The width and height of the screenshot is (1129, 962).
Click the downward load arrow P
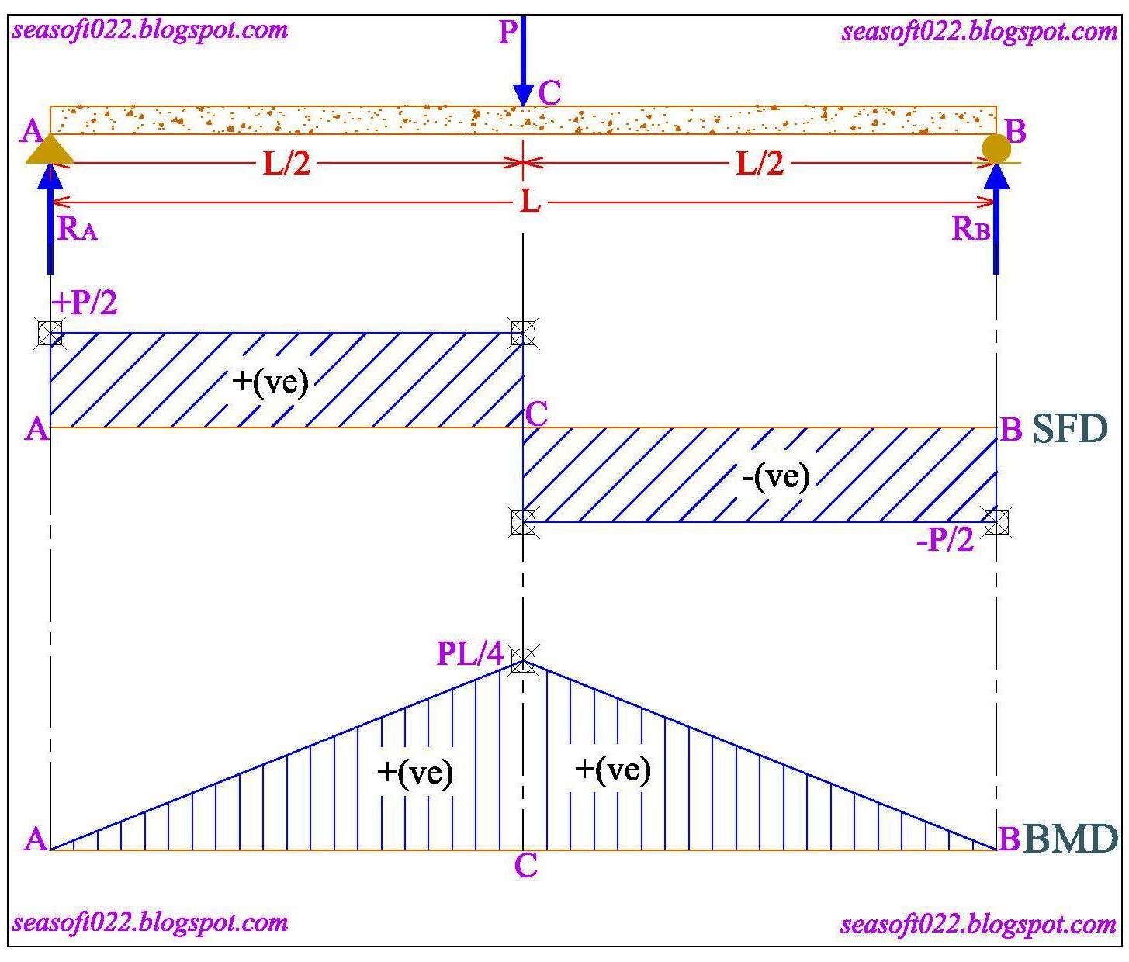(524, 62)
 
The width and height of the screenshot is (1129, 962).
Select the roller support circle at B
(996, 147)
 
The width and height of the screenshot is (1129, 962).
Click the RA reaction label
(78, 229)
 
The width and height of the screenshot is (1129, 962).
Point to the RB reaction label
(971, 229)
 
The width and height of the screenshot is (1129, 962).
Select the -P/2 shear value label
(945, 540)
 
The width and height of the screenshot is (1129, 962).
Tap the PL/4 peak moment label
(470, 653)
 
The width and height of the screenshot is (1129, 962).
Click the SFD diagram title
(1070, 429)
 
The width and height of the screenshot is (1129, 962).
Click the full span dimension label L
(530, 202)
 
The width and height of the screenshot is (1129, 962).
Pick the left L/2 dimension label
(286, 164)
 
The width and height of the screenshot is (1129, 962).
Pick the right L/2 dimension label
(760, 164)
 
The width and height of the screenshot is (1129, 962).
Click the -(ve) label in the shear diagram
(775, 476)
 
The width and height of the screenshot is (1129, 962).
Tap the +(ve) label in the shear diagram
(270, 382)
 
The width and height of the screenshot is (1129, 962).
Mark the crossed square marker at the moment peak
(524, 660)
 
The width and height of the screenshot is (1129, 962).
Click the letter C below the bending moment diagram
(525, 866)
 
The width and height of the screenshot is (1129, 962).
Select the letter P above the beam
(508, 33)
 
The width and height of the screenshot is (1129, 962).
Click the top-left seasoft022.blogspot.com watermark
(150, 30)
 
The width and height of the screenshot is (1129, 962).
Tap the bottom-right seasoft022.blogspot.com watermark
(978, 924)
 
